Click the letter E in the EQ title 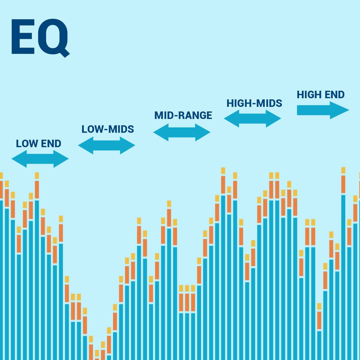[23, 37]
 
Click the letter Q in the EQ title [54, 38]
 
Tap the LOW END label [39, 144]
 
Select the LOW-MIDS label [108, 129]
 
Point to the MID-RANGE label [183, 115]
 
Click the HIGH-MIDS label [254, 103]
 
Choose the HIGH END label [321, 95]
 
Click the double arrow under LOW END [40, 159]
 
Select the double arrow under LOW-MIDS [106, 145]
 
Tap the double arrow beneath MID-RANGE [182, 132]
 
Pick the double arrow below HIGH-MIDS [252, 119]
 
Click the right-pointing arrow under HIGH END [323, 110]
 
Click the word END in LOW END [51, 144]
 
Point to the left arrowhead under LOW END [19, 159]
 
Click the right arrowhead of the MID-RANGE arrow [203, 132]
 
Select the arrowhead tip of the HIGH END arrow [349, 110]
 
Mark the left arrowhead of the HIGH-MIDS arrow [231, 119]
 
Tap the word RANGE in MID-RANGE [195, 115]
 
